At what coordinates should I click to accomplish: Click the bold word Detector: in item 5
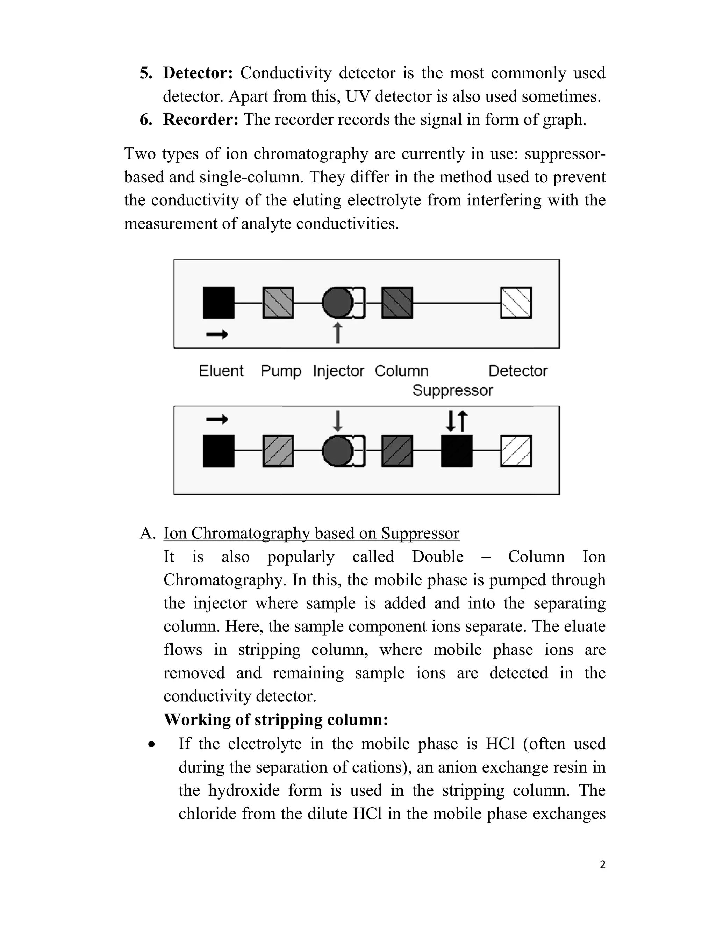tap(198, 73)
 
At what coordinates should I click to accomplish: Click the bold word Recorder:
tap(201, 120)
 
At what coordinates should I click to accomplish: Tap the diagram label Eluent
tap(221, 371)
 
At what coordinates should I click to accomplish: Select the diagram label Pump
tap(280, 371)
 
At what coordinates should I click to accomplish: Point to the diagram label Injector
tap(338, 371)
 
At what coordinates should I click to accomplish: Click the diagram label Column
tap(401, 371)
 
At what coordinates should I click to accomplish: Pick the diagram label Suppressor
tap(452, 390)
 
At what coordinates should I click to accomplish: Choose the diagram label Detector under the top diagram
tap(517, 371)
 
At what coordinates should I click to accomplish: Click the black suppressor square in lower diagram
tap(456, 451)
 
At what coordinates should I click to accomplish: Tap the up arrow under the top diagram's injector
tap(337, 333)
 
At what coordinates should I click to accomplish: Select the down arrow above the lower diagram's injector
tap(337, 421)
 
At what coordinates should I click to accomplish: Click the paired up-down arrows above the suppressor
tap(456, 421)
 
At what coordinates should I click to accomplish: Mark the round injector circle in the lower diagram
tap(337, 451)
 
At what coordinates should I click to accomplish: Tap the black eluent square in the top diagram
tap(219, 303)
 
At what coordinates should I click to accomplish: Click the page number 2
tap(602, 864)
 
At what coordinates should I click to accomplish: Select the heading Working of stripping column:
tap(276, 719)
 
